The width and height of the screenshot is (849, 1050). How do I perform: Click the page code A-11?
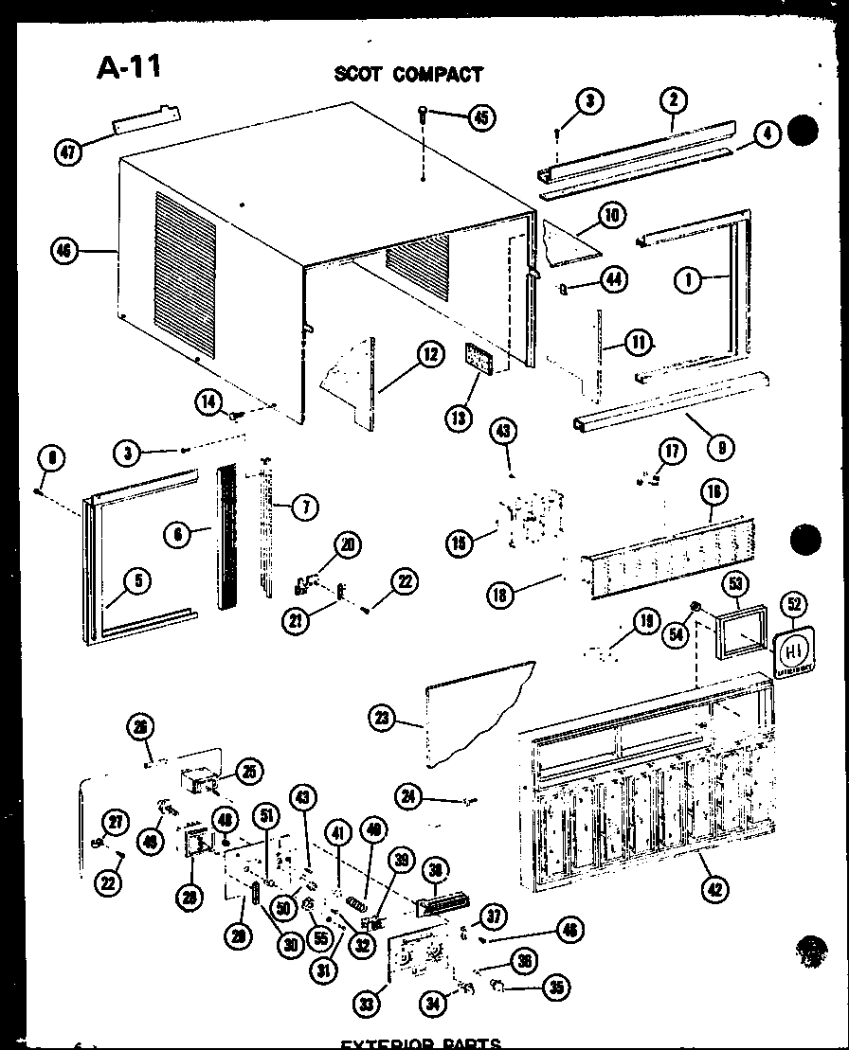[x=129, y=69]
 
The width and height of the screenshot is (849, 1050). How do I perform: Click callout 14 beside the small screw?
[x=210, y=401]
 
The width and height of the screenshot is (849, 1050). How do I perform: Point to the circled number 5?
[x=137, y=581]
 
